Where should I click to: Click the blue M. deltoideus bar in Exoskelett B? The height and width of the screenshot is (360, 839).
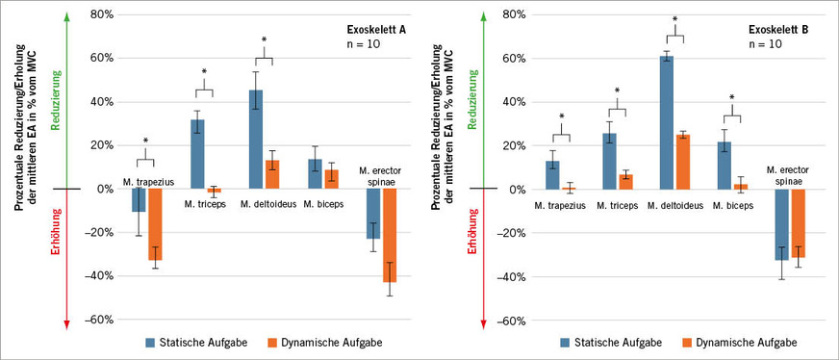coord(666,122)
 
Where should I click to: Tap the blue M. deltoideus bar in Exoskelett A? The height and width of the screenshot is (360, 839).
coord(256,140)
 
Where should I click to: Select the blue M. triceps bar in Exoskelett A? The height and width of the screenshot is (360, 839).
coord(197,154)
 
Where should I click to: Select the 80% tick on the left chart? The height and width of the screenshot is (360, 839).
coord(101,15)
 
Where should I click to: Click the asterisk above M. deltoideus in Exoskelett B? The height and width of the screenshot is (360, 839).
coord(674,20)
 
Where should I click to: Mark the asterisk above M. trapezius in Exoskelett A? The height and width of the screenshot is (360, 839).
coord(145,141)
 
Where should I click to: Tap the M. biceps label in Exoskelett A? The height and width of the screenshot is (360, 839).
coord(324,203)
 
